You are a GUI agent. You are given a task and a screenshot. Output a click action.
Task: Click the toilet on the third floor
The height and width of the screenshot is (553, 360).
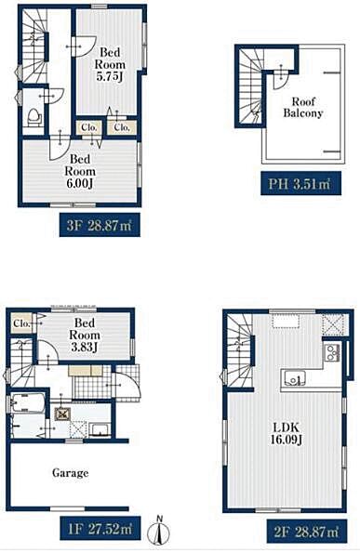click(34, 117)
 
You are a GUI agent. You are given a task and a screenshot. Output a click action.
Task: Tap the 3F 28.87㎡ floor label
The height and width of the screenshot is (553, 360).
click(100, 225)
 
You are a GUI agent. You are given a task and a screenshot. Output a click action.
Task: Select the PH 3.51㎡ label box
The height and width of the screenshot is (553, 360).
click(300, 183)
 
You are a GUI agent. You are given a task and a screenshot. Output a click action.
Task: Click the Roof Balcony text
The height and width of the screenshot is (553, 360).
click(303, 107)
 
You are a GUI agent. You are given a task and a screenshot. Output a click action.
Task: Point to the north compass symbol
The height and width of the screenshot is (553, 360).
click(159, 531)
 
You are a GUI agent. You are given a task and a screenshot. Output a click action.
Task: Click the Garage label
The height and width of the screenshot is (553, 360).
click(71, 472)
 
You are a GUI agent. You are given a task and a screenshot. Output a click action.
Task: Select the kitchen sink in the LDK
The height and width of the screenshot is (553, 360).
click(293, 378)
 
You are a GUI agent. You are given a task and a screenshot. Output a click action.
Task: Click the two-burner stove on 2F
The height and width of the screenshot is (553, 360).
click(332, 352)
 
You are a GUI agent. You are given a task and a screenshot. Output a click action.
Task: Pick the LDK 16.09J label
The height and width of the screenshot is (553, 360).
click(286, 434)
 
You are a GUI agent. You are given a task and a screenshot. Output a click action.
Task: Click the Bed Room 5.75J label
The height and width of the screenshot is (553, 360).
click(110, 64)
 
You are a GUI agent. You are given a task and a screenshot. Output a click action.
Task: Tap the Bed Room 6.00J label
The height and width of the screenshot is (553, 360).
click(80, 171)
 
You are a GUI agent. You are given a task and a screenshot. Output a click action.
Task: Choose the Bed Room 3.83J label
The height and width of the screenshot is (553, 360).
click(85, 335)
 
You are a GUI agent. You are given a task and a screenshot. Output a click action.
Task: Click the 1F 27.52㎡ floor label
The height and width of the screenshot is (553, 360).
click(100, 528)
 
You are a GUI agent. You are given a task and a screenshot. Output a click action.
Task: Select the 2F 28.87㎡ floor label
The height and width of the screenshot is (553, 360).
click(306, 531)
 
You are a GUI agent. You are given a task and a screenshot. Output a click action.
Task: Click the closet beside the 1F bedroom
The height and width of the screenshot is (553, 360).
click(21, 323)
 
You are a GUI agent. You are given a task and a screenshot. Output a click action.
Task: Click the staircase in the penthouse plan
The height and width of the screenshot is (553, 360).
click(251, 86)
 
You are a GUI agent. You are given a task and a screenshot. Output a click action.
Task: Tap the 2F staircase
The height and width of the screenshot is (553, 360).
click(240, 350)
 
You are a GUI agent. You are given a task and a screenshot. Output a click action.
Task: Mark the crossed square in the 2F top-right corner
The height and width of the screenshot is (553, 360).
click(333, 325)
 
